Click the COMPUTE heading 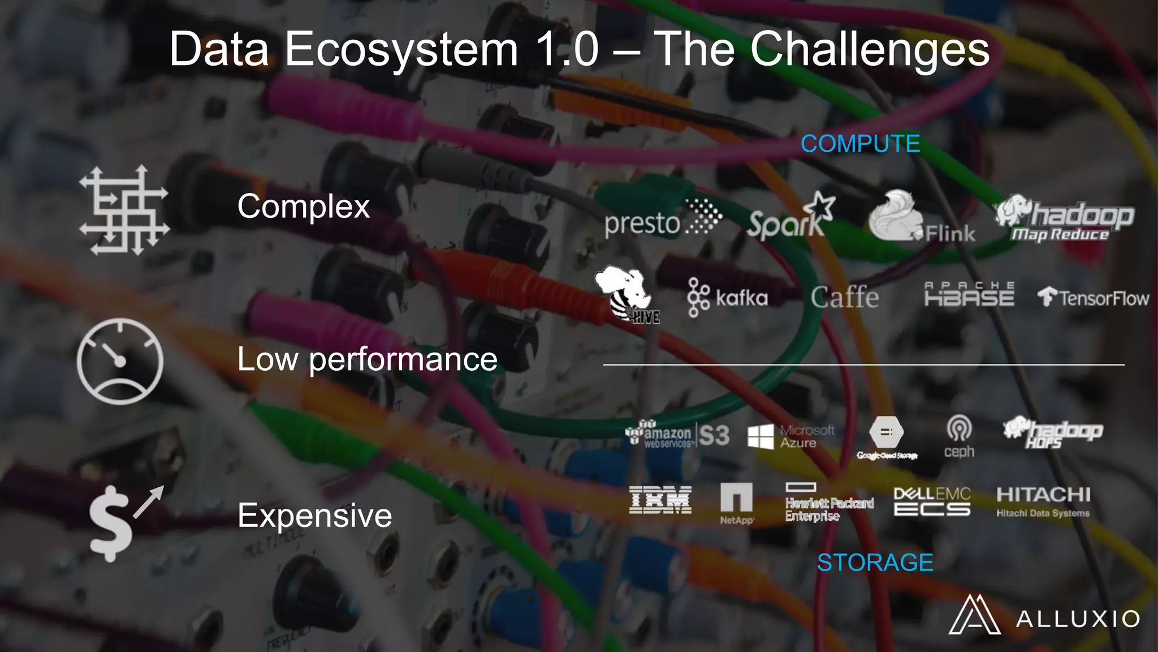[860, 144]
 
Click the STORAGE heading [875, 563]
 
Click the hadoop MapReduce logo [1064, 220]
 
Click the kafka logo [728, 297]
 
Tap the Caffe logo [844, 297]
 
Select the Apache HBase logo [969, 294]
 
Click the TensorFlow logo [1092, 298]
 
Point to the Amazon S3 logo [677, 435]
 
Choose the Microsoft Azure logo [790, 436]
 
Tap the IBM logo [660, 500]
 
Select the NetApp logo [736, 503]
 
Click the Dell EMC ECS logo [932, 501]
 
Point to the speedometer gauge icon [120, 361]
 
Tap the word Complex [303, 206]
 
